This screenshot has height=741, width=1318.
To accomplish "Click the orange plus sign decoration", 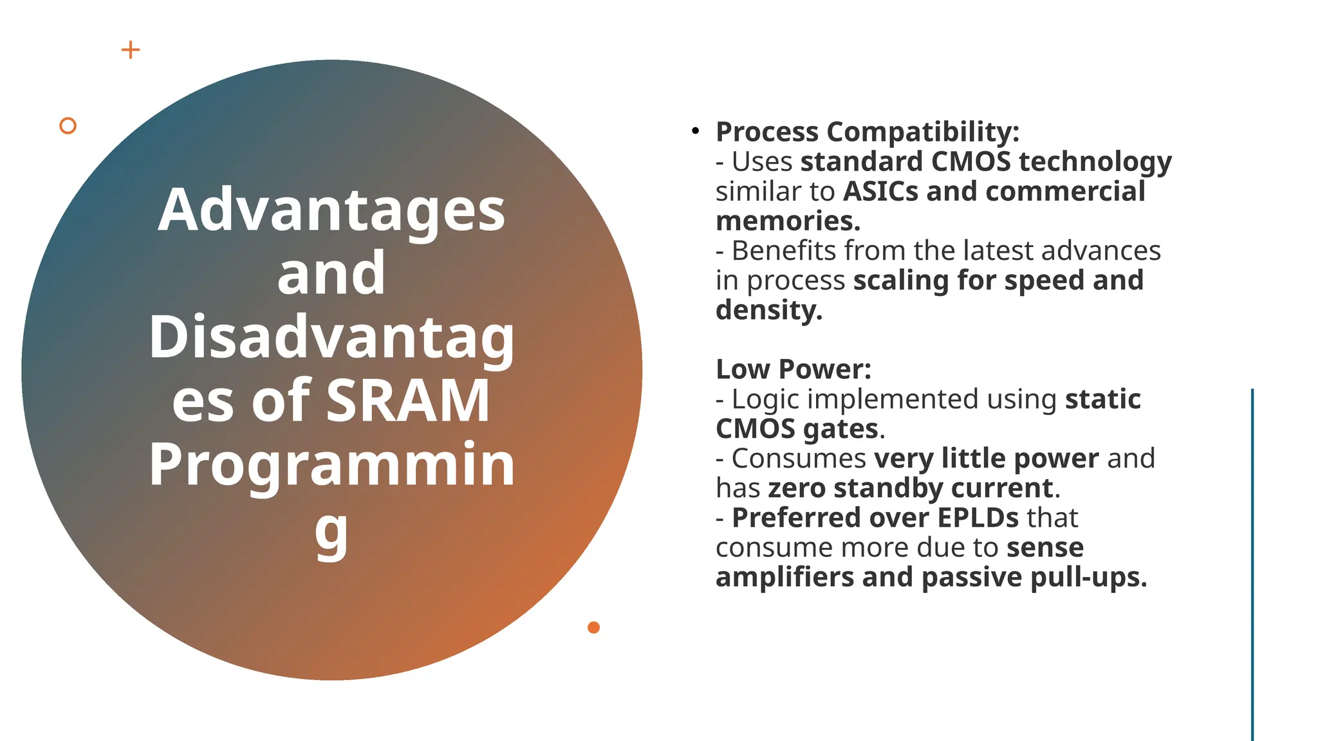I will pyautogui.click(x=131, y=50).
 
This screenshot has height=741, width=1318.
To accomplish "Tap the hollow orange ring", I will pyautogui.click(x=68, y=125).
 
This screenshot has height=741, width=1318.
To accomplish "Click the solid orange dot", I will pyautogui.click(x=593, y=627).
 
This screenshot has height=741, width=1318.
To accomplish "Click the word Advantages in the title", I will pyautogui.click(x=331, y=210).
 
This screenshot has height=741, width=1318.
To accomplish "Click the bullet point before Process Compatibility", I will pyautogui.click(x=695, y=131).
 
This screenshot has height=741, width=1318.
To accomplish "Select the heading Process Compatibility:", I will pyautogui.click(x=868, y=132).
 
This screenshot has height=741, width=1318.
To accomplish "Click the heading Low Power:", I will pyautogui.click(x=794, y=369).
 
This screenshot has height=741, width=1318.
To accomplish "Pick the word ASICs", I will pyautogui.click(x=880, y=191).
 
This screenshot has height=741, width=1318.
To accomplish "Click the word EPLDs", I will pyautogui.click(x=978, y=518).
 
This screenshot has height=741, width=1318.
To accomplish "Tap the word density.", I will pyautogui.click(x=768, y=310).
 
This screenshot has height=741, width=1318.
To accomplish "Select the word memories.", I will pyautogui.click(x=787, y=221).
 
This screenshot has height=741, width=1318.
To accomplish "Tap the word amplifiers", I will pyautogui.click(x=784, y=578).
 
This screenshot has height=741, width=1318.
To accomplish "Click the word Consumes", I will pyautogui.click(x=799, y=459).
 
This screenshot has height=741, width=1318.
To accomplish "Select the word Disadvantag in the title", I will pyautogui.click(x=331, y=338).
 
